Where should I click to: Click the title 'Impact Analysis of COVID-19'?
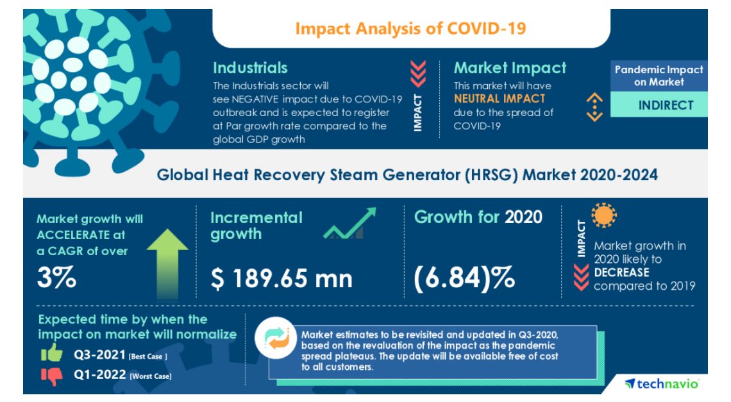tap(410, 28)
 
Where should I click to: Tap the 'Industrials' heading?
tap(250, 68)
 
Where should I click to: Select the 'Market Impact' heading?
tap(510, 68)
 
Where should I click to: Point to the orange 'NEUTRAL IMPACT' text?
tap(500, 99)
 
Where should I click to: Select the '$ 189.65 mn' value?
tap(281, 279)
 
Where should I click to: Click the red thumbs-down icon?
tap(52, 376)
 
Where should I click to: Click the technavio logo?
tap(661, 383)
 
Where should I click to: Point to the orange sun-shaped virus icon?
tap(603, 216)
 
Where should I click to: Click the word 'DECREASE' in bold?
tap(621, 272)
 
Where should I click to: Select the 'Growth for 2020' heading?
tap(478, 217)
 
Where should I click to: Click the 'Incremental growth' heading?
tap(256, 226)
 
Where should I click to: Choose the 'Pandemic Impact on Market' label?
tap(659, 76)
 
